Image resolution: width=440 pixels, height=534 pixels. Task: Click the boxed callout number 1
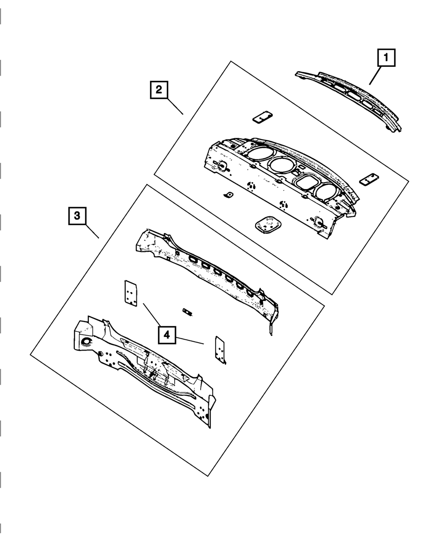pyautogui.click(x=386, y=58)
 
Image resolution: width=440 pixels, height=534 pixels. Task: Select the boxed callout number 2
pyautogui.click(x=159, y=90)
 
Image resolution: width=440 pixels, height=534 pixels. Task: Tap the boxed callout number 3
pyautogui.click(x=77, y=216)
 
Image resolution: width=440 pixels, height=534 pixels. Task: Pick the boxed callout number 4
pyautogui.click(x=167, y=335)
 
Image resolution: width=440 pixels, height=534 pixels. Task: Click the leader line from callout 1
pyautogui.click(x=374, y=76)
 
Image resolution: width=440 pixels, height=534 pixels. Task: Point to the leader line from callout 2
pyautogui.click(x=175, y=106)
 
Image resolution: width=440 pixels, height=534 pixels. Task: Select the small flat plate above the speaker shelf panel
pyautogui.click(x=263, y=117)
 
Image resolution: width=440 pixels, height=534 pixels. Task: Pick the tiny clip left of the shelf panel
pyautogui.click(x=228, y=194)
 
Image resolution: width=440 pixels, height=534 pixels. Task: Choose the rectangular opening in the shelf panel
pyautogui.click(x=307, y=183)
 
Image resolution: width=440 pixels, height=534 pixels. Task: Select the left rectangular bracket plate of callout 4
pyautogui.click(x=131, y=293)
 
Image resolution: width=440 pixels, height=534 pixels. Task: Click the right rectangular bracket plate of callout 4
pyautogui.click(x=220, y=350)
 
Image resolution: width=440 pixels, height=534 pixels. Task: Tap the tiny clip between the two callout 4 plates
pyautogui.click(x=187, y=312)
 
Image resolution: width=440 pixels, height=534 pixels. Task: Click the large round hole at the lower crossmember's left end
pyautogui.click(x=87, y=341)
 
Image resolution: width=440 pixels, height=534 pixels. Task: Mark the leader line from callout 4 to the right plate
pyautogui.click(x=190, y=341)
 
